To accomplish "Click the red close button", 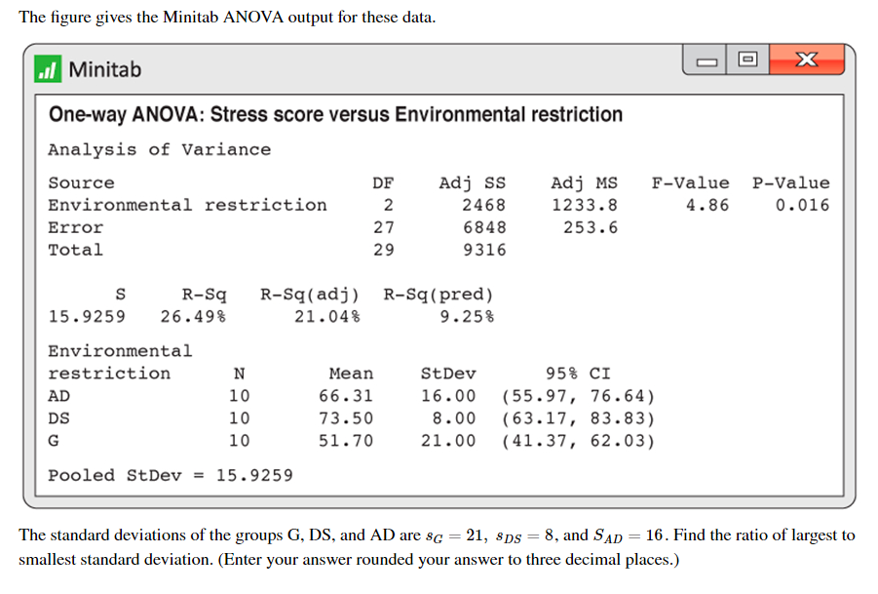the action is click(x=806, y=59).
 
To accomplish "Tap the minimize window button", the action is click(x=706, y=59).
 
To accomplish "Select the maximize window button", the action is click(x=747, y=59).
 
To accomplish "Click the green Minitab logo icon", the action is click(x=48, y=69).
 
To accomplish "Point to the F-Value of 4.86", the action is click(x=707, y=205).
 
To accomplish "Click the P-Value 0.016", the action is click(x=802, y=205).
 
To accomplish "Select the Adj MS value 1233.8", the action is click(x=585, y=205).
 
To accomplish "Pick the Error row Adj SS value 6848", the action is click(x=484, y=227).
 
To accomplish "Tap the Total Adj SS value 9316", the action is click(x=484, y=250).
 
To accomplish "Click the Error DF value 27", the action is click(x=384, y=227).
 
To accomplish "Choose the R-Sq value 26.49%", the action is click(x=193, y=317).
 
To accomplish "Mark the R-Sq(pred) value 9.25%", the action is click(x=467, y=317).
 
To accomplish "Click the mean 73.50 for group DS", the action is click(x=346, y=418).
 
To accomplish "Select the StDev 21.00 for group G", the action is click(x=448, y=441).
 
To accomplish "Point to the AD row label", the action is click(x=58, y=396).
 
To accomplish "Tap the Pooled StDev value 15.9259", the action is click(x=254, y=476).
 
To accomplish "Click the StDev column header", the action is click(x=448, y=374).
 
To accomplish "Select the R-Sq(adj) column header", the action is click(x=310, y=295).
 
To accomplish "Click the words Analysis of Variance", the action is click(x=159, y=149).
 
